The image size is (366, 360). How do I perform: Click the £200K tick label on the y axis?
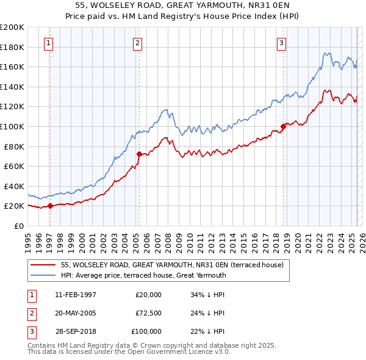click(12, 27)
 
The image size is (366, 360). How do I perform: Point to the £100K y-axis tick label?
click(12, 126)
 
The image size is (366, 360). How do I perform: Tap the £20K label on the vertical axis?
click(14, 206)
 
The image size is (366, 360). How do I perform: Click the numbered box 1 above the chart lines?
click(48, 43)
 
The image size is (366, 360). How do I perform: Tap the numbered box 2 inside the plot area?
click(138, 43)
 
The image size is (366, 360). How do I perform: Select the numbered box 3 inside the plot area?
click(281, 43)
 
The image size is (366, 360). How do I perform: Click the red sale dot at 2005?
click(139, 154)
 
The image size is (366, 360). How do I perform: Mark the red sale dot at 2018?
click(283, 127)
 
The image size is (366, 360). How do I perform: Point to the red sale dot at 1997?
click(50, 206)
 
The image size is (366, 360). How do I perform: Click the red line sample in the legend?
click(43, 265)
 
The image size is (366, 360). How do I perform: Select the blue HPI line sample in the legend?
click(43, 275)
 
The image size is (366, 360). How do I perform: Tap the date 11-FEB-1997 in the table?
click(76, 295)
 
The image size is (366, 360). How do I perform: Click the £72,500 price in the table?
click(148, 313)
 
